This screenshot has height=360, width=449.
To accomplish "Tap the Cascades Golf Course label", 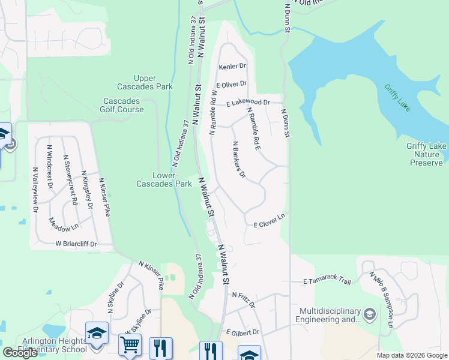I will (122, 105).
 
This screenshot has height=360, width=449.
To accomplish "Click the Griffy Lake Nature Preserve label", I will (426, 154).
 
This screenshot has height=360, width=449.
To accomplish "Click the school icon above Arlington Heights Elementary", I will (97, 334).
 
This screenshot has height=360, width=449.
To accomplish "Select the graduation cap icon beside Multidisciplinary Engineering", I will (370, 314).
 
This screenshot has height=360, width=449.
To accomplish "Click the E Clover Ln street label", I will (268, 224).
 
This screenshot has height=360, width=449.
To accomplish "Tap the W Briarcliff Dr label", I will (76, 244).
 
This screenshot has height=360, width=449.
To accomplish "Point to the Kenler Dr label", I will (233, 66).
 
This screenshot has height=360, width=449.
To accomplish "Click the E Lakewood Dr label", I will (252, 103).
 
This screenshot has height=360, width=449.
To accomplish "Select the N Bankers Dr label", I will (239, 160).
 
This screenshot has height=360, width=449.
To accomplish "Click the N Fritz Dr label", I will (243, 299).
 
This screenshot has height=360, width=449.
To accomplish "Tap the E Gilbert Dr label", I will (242, 332).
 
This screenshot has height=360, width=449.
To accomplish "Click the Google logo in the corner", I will (20, 353).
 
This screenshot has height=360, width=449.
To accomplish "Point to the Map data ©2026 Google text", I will (411, 355).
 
